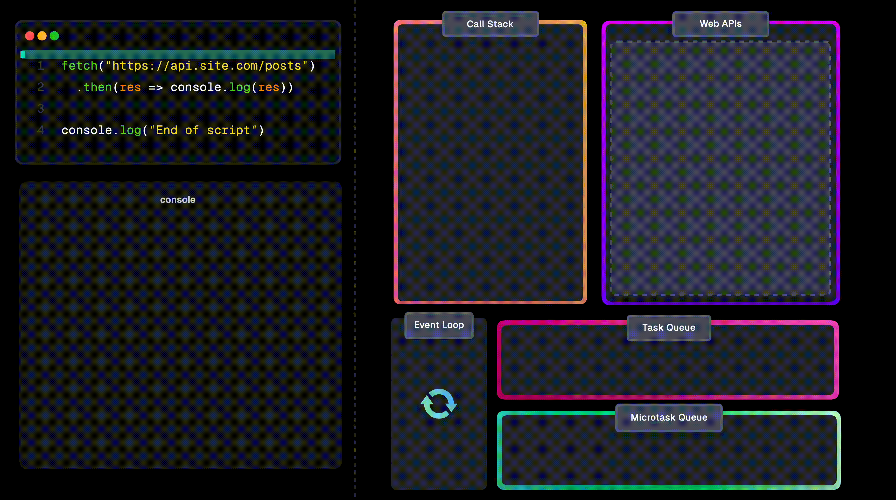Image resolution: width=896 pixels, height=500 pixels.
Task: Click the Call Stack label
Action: coord(490,24)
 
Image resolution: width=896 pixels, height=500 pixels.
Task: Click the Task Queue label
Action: coord(669,328)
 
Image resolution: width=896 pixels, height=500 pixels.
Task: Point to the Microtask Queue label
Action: coord(669,417)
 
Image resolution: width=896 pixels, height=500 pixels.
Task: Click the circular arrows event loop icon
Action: coord(439,403)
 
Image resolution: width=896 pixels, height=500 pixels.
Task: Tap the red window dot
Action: coord(30,36)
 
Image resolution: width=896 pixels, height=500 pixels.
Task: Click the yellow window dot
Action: coord(42,36)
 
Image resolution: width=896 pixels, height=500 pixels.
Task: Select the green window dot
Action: coord(54,36)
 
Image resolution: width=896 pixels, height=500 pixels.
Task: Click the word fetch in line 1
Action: coord(80,66)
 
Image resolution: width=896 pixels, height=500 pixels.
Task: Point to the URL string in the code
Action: coord(207,66)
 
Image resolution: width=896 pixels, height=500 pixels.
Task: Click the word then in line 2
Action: coord(98,87)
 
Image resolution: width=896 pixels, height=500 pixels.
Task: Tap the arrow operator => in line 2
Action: coord(156,87)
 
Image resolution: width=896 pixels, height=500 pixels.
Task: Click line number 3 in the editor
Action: coord(41,109)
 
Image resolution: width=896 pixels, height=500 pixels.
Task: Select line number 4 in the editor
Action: coord(41,130)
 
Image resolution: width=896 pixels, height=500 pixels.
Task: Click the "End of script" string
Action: coord(203,130)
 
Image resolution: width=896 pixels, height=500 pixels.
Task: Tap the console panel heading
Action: coord(178,200)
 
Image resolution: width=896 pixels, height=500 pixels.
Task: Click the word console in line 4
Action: coord(87,130)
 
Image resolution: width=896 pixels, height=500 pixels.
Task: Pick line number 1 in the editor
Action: coord(41,66)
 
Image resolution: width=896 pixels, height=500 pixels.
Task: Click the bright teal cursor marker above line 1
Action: coord(23,54)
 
